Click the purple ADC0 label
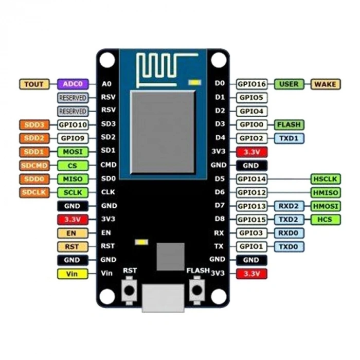[73, 84]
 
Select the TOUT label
[34, 84]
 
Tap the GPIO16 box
[252, 84]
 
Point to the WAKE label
[326, 84]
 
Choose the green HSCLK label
[326, 179]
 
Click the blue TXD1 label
[289, 138]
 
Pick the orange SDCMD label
[34, 166]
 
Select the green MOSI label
[73, 152]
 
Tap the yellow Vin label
[73, 274]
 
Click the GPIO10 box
[73, 124]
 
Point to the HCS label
[326, 220]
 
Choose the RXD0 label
[289, 233]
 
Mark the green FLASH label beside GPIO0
[289, 124]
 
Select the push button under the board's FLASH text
[196, 291]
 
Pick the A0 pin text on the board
[106, 84]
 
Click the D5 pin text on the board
[220, 179]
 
